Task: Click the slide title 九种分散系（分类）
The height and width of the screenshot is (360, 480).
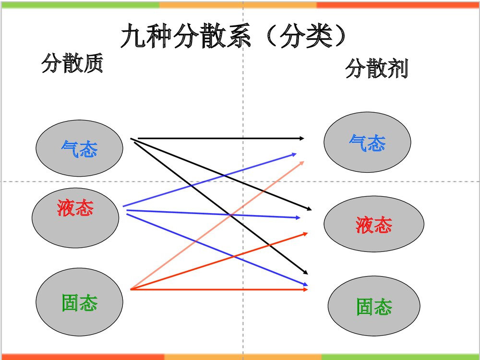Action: (234, 36)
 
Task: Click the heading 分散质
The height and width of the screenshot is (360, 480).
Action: (72, 63)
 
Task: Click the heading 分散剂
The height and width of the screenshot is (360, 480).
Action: (377, 69)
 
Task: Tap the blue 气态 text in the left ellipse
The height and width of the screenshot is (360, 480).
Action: (79, 149)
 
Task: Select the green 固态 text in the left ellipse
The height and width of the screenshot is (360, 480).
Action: (80, 303)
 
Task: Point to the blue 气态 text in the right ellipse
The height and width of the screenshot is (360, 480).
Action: (367, 143)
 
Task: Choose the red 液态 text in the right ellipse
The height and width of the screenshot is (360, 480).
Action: (374, 225)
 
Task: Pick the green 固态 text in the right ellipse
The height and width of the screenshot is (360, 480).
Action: (374, 307)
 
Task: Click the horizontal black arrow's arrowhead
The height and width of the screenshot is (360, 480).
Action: (302, 138)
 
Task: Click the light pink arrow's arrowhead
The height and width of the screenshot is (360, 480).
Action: (301, 162)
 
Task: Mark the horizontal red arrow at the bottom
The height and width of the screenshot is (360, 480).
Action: (216, 289)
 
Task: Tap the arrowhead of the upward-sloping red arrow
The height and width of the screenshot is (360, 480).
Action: (305, 233)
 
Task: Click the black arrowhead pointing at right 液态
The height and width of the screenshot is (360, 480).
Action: (309, 209)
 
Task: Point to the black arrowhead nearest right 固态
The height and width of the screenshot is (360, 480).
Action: (305, 273)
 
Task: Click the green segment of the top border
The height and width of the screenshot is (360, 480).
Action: (79, 5)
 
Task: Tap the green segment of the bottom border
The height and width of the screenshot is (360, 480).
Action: (400, 357)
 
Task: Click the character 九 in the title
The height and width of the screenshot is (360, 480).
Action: (131, 36)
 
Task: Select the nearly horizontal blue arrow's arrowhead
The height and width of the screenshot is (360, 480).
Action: (298, 217)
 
